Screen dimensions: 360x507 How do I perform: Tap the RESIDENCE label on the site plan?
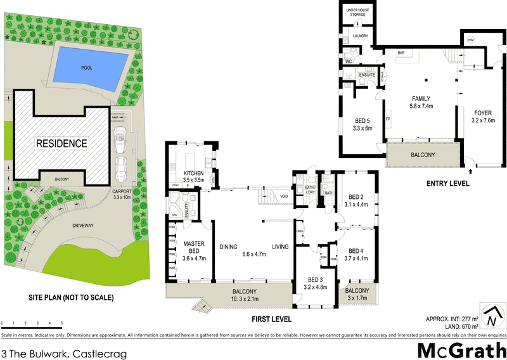point(61,143)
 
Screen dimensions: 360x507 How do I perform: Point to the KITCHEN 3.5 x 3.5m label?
point(193,176)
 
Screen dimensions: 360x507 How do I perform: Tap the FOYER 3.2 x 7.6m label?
point(482,116)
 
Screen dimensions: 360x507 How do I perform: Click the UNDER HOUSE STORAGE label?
point(360,13)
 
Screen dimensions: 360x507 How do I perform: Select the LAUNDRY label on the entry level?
point(361,37)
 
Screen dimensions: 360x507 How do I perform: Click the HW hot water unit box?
point(470,40)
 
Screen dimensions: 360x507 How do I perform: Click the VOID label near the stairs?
point(283,196)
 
